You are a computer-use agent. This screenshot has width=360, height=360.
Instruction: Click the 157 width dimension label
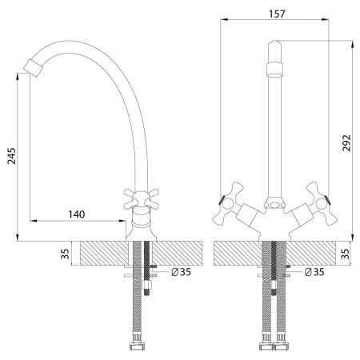[x=277, y=14]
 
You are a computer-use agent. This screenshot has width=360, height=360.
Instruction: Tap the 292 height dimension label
[x=346, y=143]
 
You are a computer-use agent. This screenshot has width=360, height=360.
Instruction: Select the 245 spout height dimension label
[x=11, y=156]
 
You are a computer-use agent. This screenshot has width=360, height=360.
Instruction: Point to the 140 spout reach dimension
[x=77, y=214]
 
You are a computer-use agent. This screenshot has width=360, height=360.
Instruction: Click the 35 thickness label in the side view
[x=65, y=254]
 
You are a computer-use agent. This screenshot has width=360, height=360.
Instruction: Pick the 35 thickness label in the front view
[x=345, y=254]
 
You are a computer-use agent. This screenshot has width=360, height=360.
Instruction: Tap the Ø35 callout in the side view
[x=181, y=272]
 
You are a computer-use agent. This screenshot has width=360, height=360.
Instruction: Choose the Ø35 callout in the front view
[x=314, y=272]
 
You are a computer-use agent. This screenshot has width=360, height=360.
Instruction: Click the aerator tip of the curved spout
[x=33, y=68]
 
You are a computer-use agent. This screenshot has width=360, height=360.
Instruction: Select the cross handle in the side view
[x=142, y=198]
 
